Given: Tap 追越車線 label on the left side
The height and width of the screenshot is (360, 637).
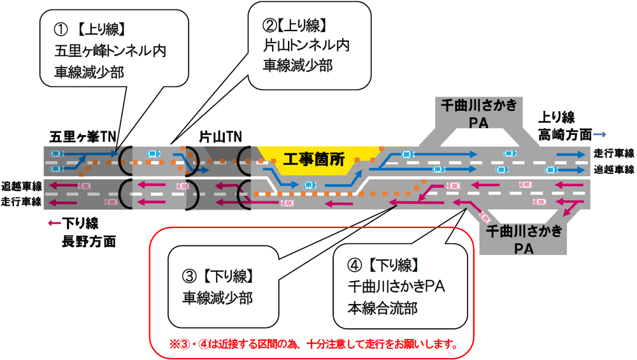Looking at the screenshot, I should pos(22,186).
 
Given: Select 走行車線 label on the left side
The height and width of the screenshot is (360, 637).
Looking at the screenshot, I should pos(22,202).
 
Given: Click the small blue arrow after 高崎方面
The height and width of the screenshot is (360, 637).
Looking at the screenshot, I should pos(599,134).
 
